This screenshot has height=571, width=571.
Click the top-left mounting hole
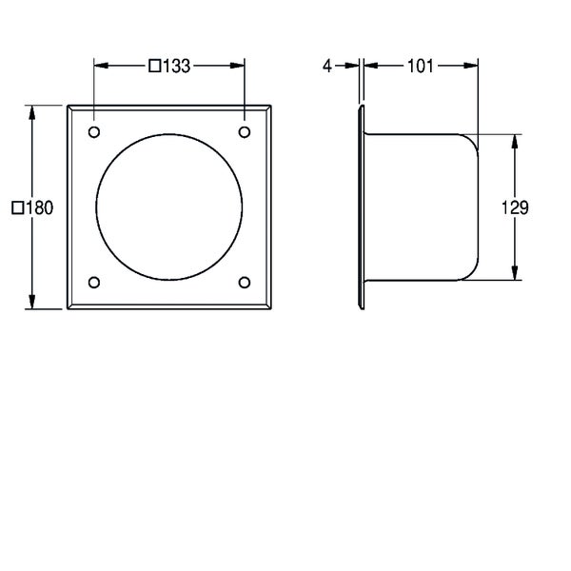pyautogui.click(x=94, y=132)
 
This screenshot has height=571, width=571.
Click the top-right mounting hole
pyautogui.click(x=245, y=132)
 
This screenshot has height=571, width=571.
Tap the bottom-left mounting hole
pyautogui.click(x=94, y=283)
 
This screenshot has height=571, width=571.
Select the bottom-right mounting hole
pyautogui.click(x=245, y=283)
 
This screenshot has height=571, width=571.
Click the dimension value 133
pyautogui.click(x=176, y=66)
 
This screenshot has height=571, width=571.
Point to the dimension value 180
pyautogui.click(x=40, y=207)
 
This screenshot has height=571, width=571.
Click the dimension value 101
pyautogui.click(x=421, y=66)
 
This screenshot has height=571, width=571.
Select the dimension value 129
pyautogui.click(x=515, y=207)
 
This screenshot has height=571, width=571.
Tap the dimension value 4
pyautogui.click(x=327, y=66)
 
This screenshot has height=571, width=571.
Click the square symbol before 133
pyautogui.click(x=155, y=66)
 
